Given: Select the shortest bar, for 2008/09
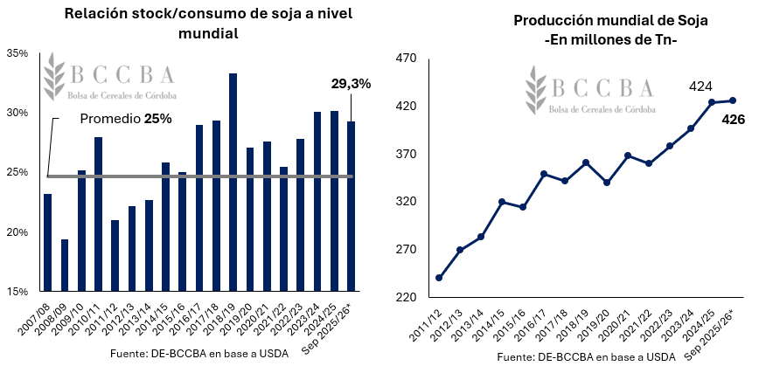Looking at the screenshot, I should pos(64,265).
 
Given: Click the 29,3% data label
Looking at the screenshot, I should pos(351,84).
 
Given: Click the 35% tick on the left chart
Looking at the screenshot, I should pos(17,53).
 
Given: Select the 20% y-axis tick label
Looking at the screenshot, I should pos(17,232).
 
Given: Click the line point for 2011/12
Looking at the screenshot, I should pos(439,278).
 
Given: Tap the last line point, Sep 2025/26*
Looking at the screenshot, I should pos(733,100).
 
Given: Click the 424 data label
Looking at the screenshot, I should pos(700,86).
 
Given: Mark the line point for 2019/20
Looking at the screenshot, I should pos(607,183).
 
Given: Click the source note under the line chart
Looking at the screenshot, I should pos(586,357).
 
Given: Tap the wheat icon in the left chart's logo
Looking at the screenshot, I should pos(55,77).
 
